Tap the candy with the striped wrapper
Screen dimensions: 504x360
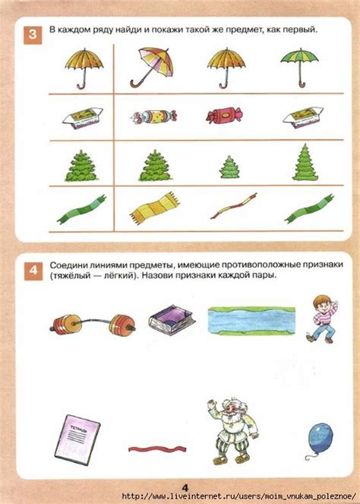pyautogui.click(x=153, y=116)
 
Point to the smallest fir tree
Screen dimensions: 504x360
pyautogui.click(x=229, y=166)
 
